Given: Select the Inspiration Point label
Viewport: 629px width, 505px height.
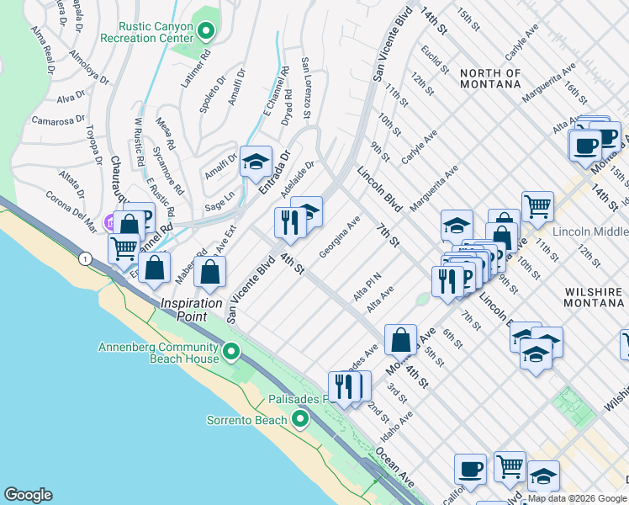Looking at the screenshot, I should (192, 303).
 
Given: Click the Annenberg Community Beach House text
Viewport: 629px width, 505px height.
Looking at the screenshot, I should (158, 353).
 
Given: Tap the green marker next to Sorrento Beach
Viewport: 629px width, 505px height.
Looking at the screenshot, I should (301, 419).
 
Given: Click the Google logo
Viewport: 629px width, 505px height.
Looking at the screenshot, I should (28, 495).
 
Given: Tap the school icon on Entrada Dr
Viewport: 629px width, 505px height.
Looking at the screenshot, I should (256, 162).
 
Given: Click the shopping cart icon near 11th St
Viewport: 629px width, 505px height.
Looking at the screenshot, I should (536, 205).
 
